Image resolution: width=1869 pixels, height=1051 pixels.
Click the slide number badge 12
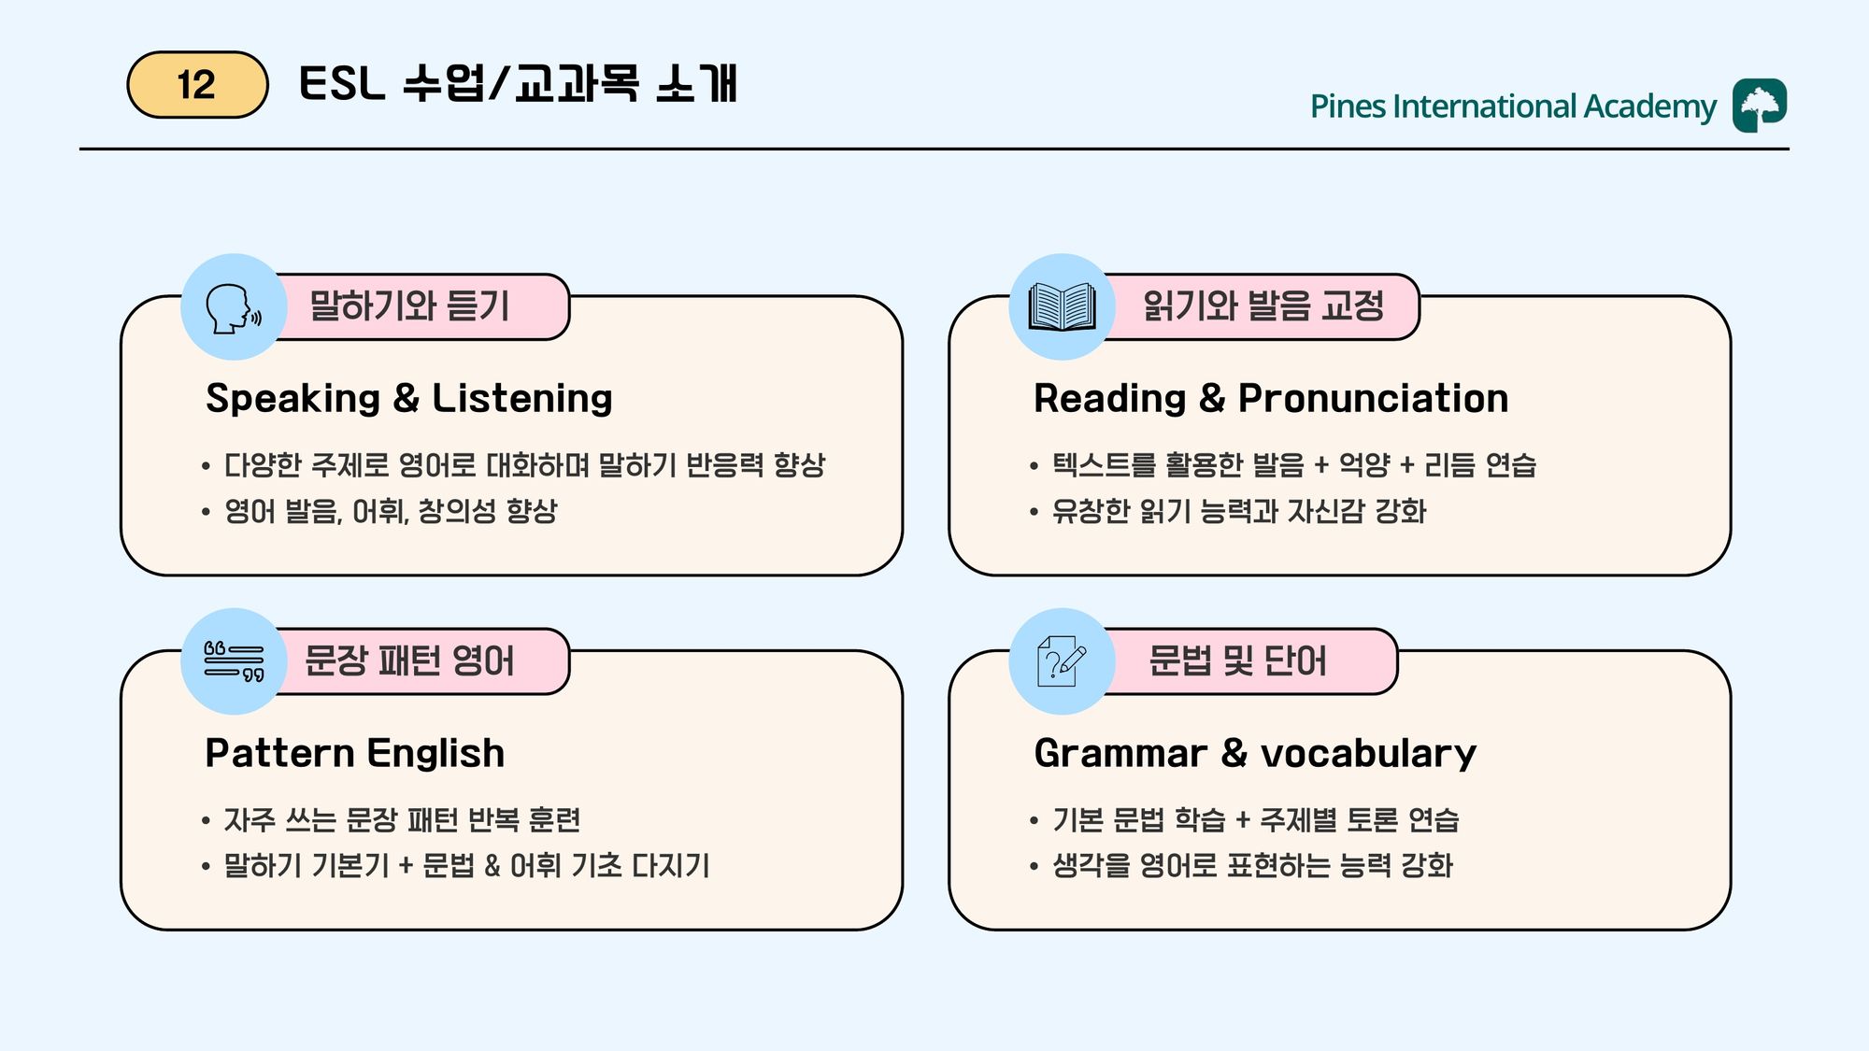pos(197,85)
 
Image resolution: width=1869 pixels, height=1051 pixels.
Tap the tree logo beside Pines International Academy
pos(1760,106)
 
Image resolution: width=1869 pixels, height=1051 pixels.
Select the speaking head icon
pos(234,307)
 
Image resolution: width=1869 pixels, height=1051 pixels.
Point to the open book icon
pos(1062,306)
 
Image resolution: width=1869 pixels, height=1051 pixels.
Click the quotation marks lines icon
pos(234,661)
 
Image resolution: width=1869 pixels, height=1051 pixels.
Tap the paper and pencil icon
pos(1062,661)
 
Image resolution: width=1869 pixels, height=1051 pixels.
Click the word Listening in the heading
pos(522,400)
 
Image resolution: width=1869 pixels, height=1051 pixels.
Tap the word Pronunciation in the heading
pos(1374,399)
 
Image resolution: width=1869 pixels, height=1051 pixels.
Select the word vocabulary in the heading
pos(1369,755)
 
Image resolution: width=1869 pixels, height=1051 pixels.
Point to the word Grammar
pos(1120,754)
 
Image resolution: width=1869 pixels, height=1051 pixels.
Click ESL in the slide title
pos(342,84)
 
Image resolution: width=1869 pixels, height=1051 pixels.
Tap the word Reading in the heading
pos(1110,400)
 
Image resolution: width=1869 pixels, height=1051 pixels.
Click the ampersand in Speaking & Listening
pos(407,399)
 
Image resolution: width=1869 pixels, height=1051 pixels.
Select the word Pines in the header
pos(1348,107)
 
